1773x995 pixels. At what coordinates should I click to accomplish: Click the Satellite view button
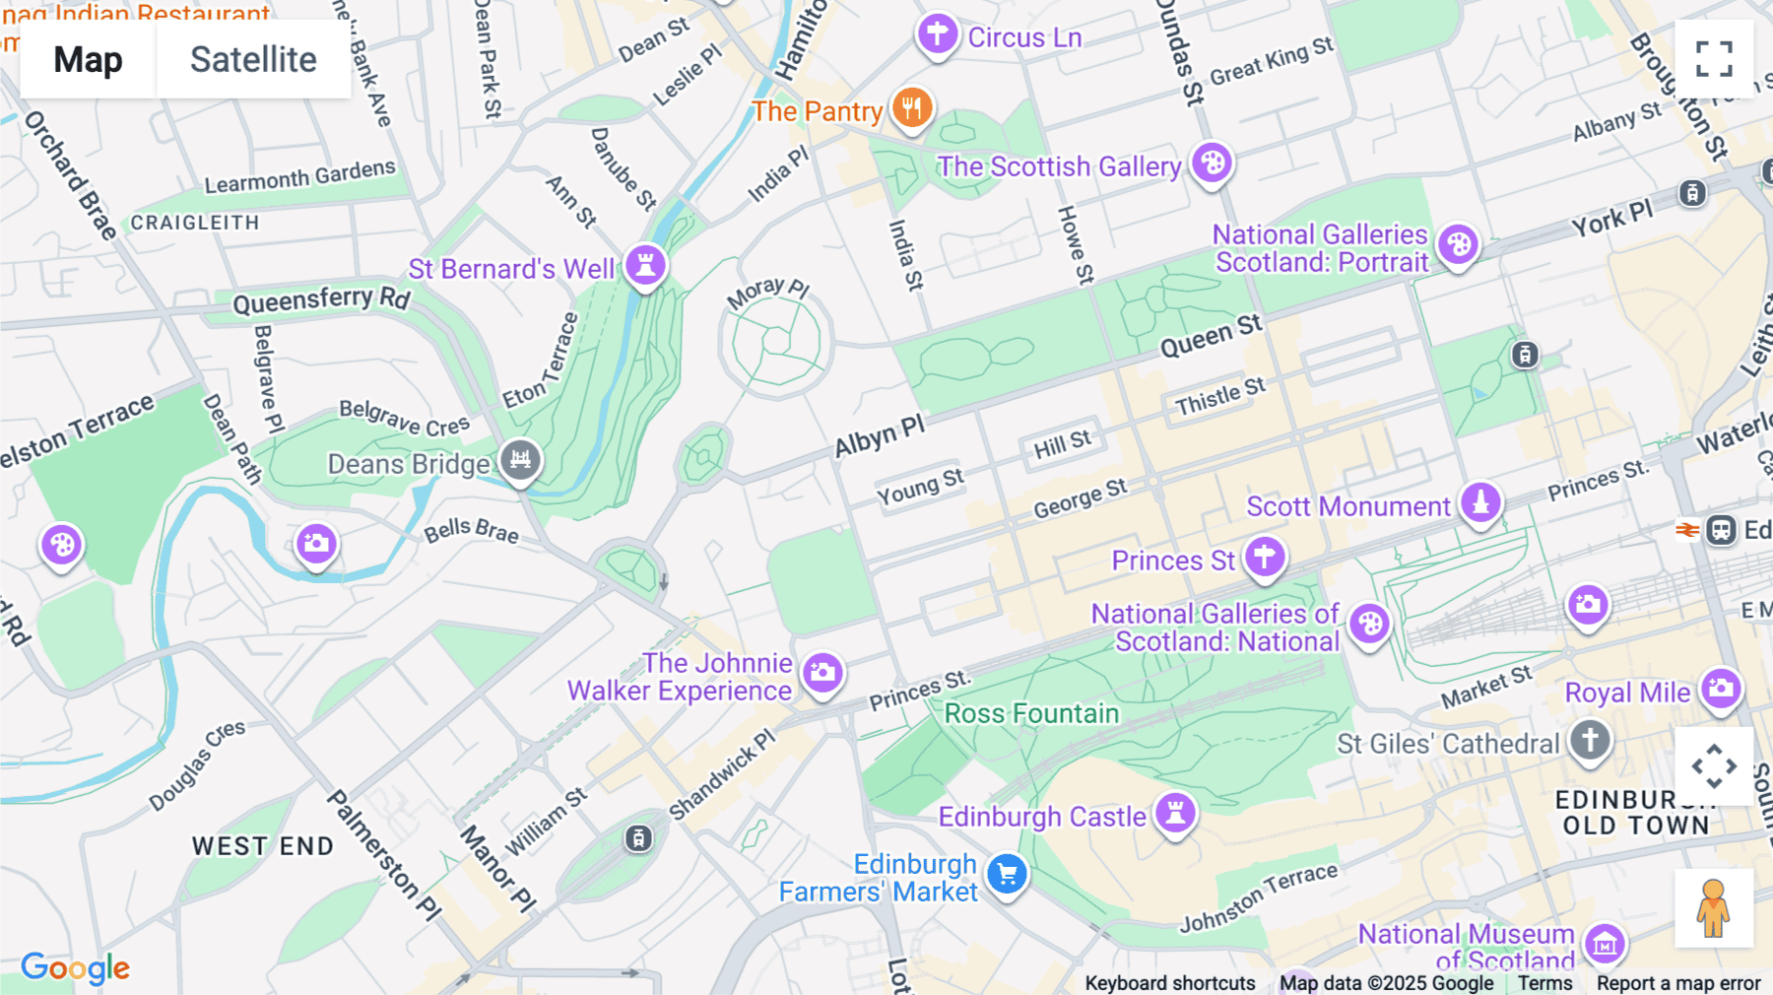click(x=253, y=60)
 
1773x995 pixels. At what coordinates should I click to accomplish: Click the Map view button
click(x=88, y=60)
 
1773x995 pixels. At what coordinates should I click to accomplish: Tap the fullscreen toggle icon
click(x=1714, y=59)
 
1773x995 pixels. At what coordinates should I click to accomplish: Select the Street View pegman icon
click(x=1713, y=907)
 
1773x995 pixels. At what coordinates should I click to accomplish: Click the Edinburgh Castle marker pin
click(x=1175, y=814)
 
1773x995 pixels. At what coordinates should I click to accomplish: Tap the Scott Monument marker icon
click(x=1479, y=502)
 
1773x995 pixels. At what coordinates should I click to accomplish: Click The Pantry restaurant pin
click(x=912, y=107)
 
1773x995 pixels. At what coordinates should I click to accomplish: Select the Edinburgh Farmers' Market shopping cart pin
click(x=1007, y=874)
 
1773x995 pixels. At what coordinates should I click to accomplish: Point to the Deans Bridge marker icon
click(x=520, y=460)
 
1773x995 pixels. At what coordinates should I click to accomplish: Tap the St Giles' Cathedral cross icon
click(x=1590, y=740)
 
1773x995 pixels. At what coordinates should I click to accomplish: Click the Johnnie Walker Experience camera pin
click(x=822, y=673)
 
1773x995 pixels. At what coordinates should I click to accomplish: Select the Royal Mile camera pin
click(x=1721, y=689)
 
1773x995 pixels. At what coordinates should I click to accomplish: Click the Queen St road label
click(x=1211, y=336)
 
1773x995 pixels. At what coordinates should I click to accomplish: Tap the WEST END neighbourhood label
click(x=262, y=846)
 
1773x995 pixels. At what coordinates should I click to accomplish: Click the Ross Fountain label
click(x=1031, y=713)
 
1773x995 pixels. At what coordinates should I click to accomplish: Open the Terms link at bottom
click(x=1544, y=983)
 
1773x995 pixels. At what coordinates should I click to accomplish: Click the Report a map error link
click(x=1678, y=983)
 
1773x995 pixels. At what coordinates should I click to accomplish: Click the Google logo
click(x=76, y=968)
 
